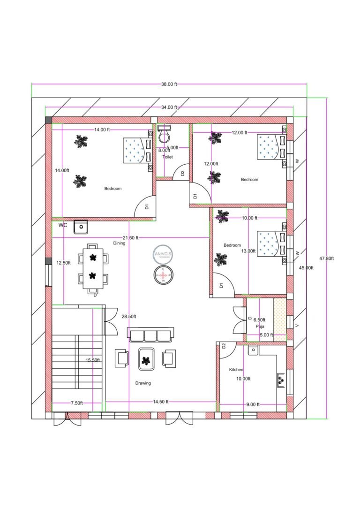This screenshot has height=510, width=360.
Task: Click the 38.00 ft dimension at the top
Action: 169,84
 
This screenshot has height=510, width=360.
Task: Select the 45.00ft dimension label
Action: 307,267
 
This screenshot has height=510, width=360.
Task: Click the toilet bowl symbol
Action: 164,136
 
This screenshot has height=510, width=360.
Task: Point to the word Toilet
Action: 167,157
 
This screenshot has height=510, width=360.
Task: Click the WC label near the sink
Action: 63,225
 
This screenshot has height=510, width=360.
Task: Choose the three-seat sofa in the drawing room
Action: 150,335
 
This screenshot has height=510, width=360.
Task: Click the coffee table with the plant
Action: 147,359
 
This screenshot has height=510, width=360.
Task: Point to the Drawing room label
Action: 143,383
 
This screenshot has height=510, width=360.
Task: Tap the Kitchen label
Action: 236,370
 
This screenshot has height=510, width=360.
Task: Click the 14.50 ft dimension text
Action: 160,402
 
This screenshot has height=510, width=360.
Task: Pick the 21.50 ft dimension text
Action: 130,238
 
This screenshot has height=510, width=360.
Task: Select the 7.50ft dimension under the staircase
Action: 77,403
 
